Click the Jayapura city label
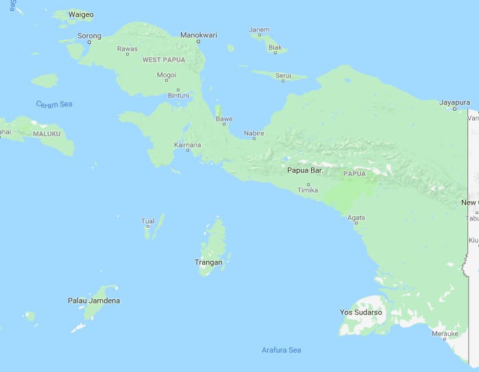(x=455, y=102)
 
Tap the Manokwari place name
(x=199, y=34)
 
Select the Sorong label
(x=89, y=36)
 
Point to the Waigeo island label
(x=81, y=14)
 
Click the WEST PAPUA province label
(x=164, y=60)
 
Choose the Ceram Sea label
(x=54, y=104)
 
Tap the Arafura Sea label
(x=281, y=350)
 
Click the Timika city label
(x=308, y=190)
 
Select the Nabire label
(x=254, y=133)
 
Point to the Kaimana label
(x=187, y=145)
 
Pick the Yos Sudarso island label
(x=361, y=312)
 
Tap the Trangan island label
(x=208, y=262)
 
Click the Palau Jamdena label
(x=94, y=301)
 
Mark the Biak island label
(x=275, y=47)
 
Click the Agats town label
(x=356, y=218)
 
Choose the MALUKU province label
(x=47, y=134)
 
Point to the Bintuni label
(x=178, y=95)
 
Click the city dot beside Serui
(x=283, y=82)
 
